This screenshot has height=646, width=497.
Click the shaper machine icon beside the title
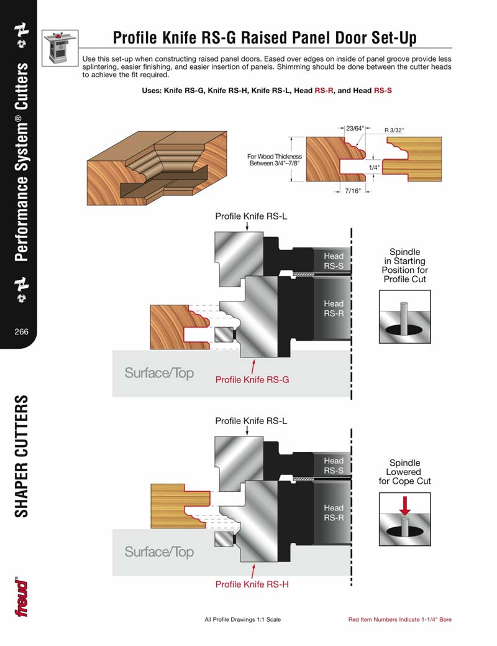[60, 47]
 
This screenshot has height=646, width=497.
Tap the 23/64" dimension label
[355, 129]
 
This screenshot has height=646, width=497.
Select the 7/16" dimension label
[352, 192]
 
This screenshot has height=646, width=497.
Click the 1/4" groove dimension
[373, 168]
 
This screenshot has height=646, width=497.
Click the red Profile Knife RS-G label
[252, 379]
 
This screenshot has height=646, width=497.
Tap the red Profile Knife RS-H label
[252, 584]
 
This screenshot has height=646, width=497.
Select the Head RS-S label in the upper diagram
[333, 261]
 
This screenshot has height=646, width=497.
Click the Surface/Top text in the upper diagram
[159, 373]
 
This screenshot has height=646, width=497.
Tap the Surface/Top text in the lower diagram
[159, 552]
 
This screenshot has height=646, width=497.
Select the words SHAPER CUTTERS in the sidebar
[22, 456]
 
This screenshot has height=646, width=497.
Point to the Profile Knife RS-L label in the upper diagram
[251, 216]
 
